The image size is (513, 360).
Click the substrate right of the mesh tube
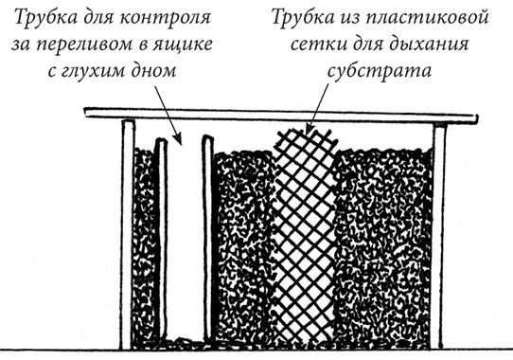tap(379, 246)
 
